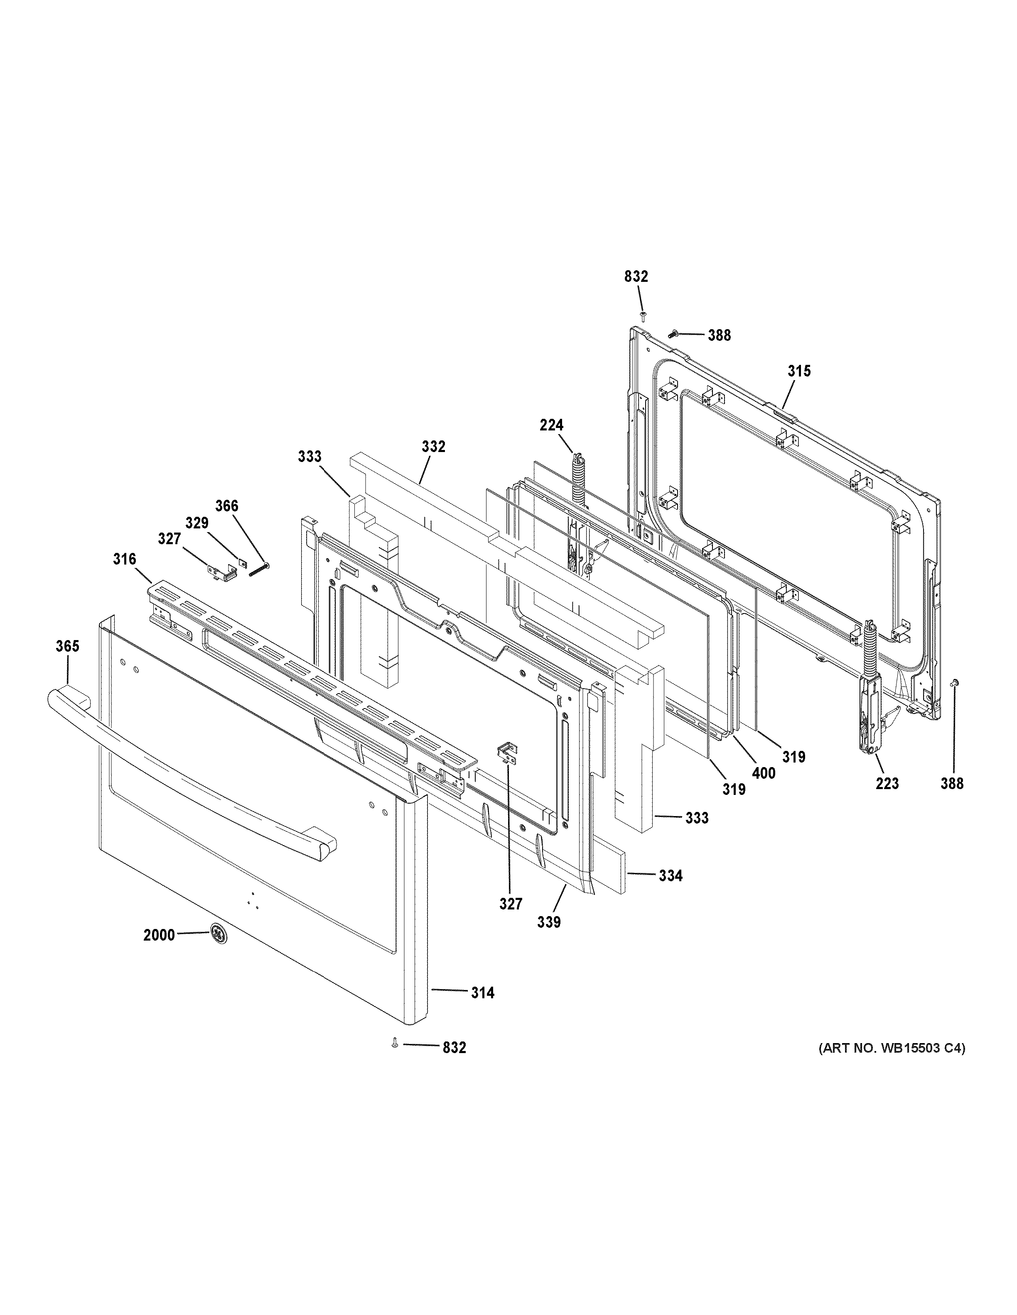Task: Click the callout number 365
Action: (x=67, y=646)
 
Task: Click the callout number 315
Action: (x=799, y=371)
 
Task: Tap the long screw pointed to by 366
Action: (x=258, y=569)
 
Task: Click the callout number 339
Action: (x=549, y=922)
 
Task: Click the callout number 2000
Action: (x=159, y=935)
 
